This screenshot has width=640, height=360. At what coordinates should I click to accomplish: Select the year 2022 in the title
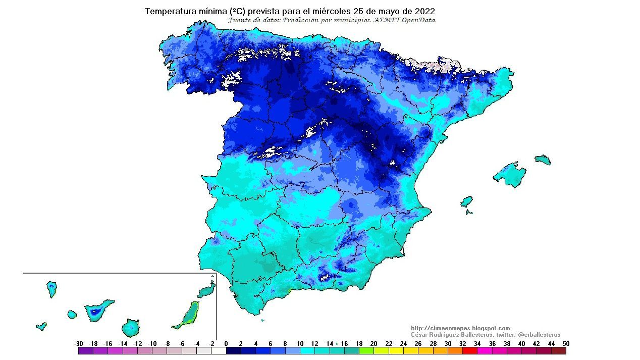[x=424, y=11]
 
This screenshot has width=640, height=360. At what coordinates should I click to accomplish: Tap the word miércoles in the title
[x=344, y=11]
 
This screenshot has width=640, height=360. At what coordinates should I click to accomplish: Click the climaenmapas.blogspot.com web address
[x=460, y=328]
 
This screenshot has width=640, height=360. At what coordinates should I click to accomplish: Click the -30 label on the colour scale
[x=79, y=344]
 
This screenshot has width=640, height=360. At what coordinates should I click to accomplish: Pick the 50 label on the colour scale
[x=566, y=344]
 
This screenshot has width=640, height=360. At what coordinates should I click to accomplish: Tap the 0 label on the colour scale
[x=226, y=344]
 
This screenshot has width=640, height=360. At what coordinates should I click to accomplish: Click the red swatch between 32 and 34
[x=469, y=351]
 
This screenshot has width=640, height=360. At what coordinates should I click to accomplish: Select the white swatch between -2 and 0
[x=219, y=351]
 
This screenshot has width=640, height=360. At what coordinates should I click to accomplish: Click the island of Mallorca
[x=509, y=174]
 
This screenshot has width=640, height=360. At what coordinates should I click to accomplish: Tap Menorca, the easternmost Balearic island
[x=543, y=160]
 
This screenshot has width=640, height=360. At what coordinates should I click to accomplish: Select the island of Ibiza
[x=466, y=202]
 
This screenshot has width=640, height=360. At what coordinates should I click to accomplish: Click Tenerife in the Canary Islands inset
[x=97, y=311]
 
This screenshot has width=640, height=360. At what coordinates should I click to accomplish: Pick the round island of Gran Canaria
[x=131, y=328]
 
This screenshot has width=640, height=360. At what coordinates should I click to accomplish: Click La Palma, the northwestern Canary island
[x=51, y=289]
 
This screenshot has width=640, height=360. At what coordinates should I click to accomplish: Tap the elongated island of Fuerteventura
[x=187, y=316]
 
